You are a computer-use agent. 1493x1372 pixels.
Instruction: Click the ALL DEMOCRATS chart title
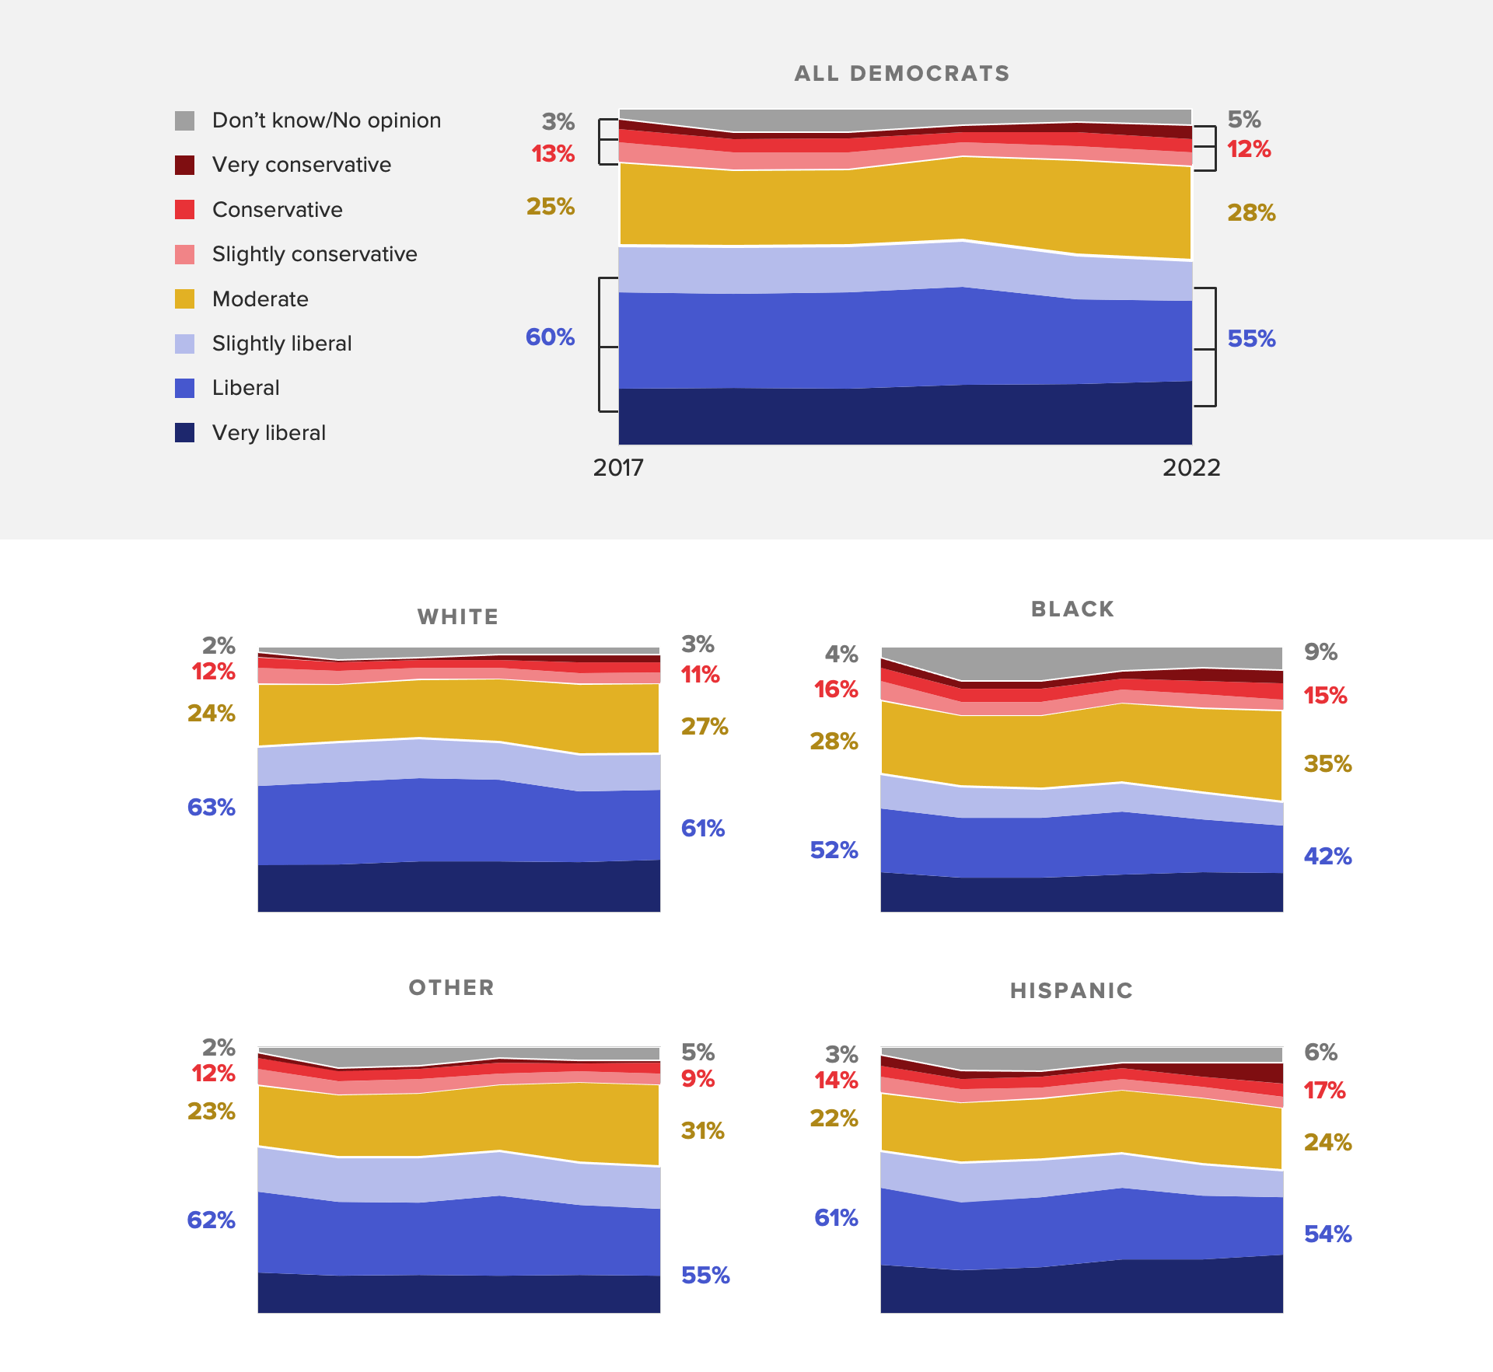coord(901,74)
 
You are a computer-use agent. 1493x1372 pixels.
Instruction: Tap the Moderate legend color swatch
coord(184,299)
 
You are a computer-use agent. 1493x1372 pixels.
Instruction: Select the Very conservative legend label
coord(302,165)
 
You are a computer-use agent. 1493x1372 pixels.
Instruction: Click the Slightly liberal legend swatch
coord(184,344)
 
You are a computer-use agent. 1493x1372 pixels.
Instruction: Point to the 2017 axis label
coord(618,467)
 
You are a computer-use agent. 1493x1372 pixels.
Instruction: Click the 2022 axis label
coord(1191,467)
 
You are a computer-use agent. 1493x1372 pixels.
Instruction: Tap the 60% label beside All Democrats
coord(550,337)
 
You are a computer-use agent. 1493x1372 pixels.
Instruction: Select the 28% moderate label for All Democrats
coord(1251,213)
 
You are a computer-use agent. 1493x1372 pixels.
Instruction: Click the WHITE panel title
coord(457,617)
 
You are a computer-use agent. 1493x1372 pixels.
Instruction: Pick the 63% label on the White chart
coord(211,808)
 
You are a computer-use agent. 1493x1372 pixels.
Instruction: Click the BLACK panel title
coord(1072,609)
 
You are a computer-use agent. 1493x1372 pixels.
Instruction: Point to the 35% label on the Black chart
coord(1327,764)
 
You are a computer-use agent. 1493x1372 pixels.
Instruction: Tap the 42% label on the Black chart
coord(1327,857)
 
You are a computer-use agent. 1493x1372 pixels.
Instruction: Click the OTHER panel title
coord(451,988)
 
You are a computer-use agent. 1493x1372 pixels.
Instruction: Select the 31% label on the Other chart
coord(702,1131)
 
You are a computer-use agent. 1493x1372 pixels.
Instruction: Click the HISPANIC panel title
coord(1072,991)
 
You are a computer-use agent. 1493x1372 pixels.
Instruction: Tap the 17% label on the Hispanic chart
coord(1324,1091)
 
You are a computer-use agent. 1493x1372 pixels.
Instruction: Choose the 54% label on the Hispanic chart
coord(1327,1234)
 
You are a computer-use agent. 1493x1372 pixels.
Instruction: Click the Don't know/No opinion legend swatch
coord(184,120)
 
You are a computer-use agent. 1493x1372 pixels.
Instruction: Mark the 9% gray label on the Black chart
coord(1320,652)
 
